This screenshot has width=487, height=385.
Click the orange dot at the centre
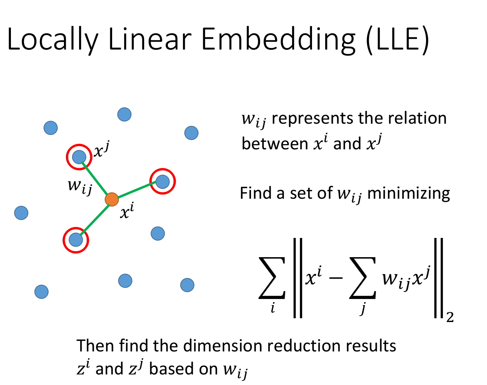112,199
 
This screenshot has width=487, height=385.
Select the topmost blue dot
124,114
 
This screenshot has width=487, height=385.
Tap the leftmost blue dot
21,213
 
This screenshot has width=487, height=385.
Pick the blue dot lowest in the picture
41,291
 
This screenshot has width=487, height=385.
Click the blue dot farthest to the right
191,133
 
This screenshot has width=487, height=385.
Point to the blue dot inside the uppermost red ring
79,157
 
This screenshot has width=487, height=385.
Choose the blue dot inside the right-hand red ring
163,181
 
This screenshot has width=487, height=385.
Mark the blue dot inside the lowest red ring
76,239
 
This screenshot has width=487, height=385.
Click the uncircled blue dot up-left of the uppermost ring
50,128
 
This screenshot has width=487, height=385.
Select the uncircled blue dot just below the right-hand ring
158,233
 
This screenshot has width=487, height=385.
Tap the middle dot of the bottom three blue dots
125,281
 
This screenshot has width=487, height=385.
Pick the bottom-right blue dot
187,285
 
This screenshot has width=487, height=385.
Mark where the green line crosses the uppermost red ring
86,167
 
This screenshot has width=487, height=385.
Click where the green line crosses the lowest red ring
84,231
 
